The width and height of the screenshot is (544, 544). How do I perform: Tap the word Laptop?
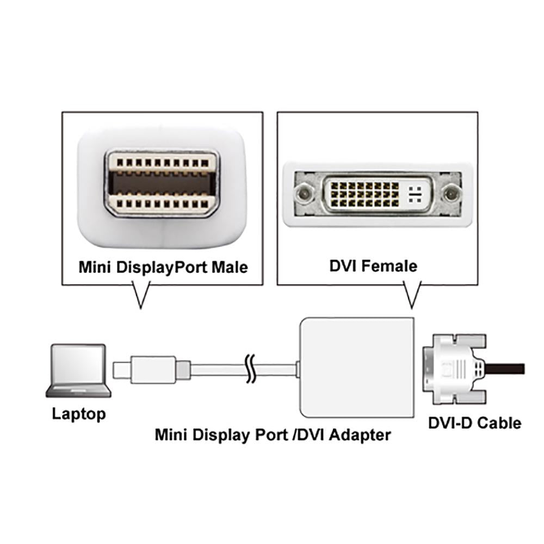tap(79, 414)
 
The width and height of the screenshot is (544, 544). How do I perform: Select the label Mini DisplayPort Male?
tap(163, 268)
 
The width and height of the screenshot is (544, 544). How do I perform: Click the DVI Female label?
tap(373, 266)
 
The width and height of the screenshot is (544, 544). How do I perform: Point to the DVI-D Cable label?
tap(474, 423)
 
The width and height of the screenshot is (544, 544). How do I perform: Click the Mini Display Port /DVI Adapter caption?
tap(273, 435)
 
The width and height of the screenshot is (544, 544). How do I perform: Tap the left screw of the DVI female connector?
tap(303, 193)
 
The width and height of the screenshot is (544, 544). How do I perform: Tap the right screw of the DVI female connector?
tap(450, 193)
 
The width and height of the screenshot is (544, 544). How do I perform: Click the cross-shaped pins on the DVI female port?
tap(415, 193)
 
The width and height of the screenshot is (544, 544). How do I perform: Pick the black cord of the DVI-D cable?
tap(506, 368)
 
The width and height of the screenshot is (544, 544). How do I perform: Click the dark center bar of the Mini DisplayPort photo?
tap(161, 183)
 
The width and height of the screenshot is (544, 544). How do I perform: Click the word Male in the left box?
tap(229, 268)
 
